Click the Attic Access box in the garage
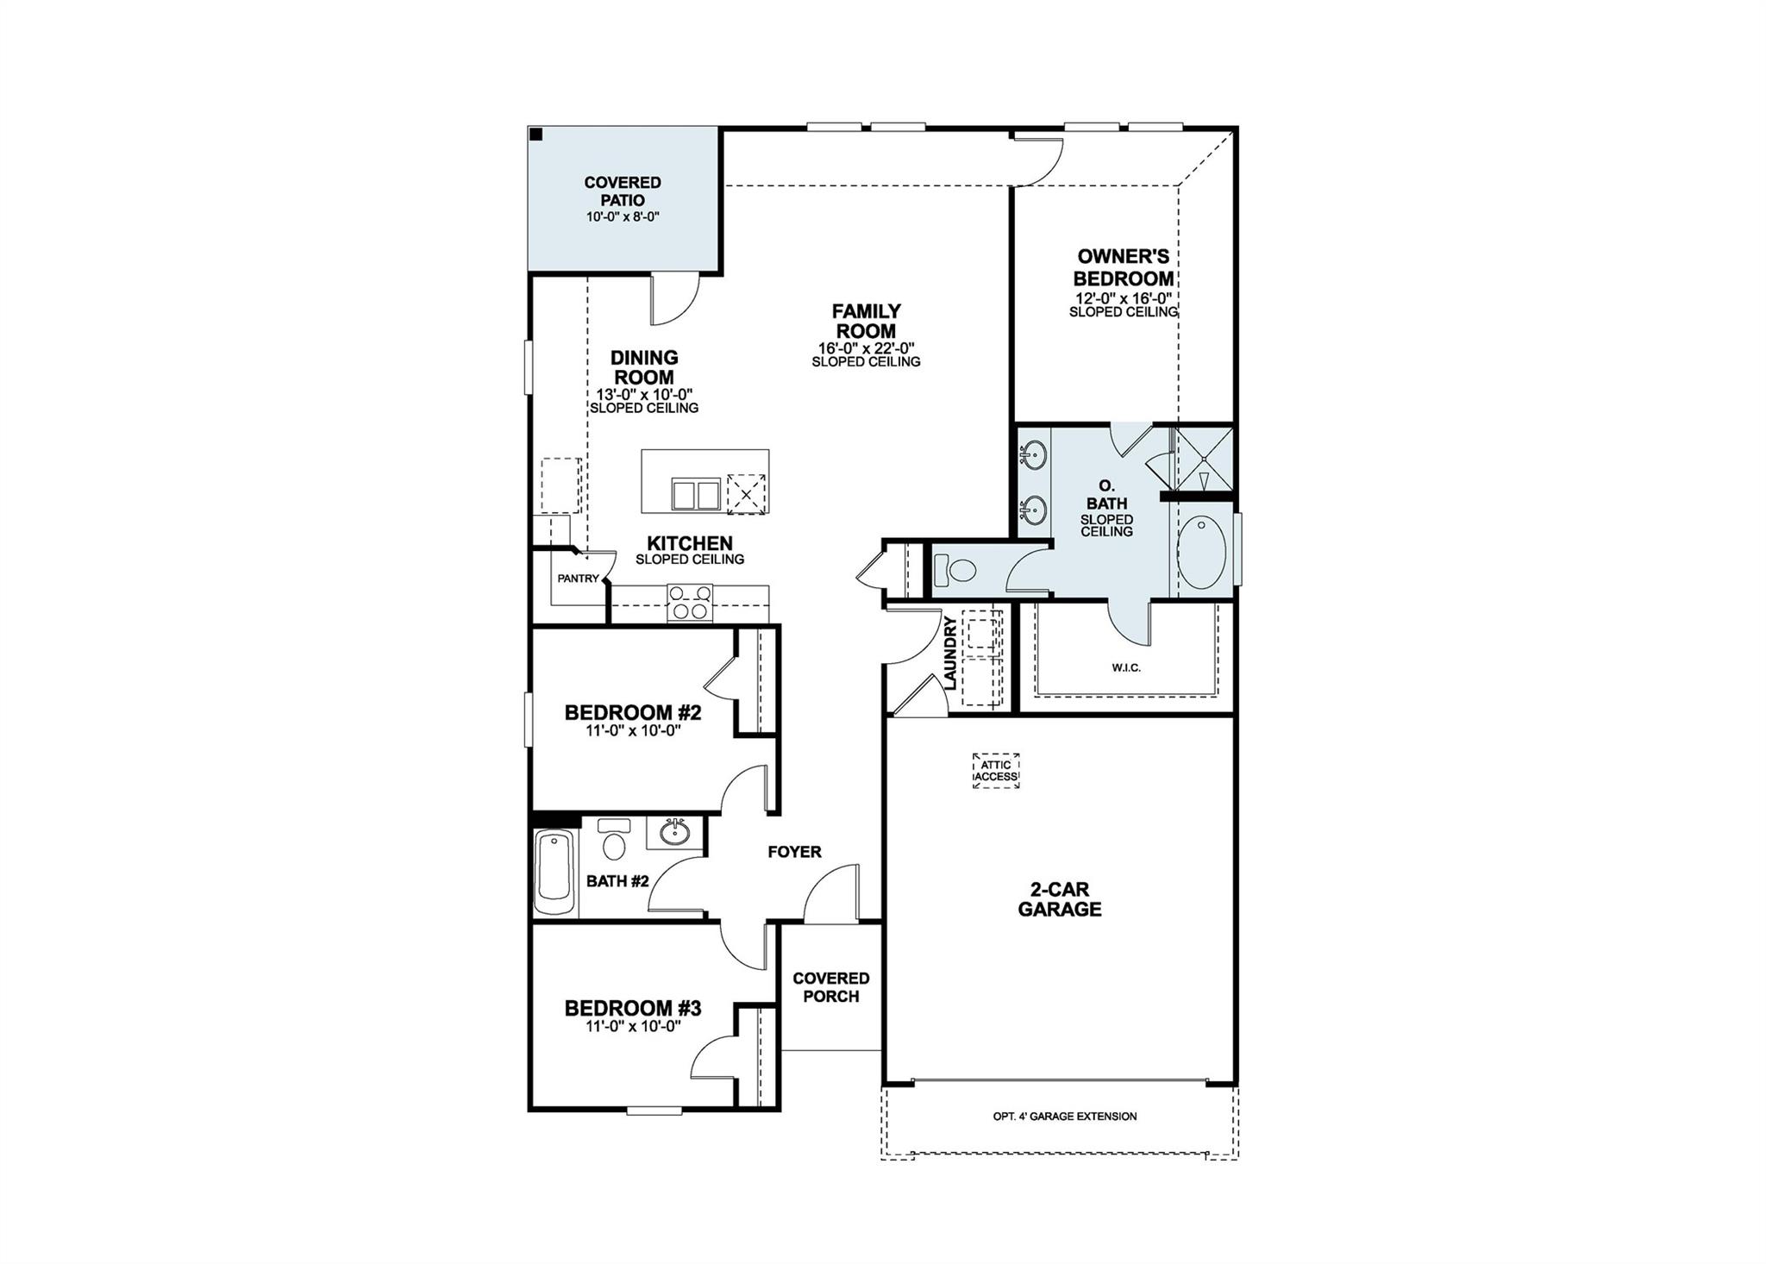click(996, 771)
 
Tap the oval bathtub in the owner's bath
click(1201, 552)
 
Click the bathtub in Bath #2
click(554, 872)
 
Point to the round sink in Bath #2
click(674, 832)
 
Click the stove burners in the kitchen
click(691, 602)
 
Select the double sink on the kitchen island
click(695, 496)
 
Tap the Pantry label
click(578, 579)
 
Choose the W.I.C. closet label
click(1126, 668)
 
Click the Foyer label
click(794, 852)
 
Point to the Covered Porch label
click(830, 987)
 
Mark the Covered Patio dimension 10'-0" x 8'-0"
click(623, 217)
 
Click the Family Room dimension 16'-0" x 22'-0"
click(866, 348)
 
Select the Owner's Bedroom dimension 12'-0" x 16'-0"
click(1123, 298)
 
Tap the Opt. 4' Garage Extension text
click(1064, 1117)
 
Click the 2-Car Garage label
click(1059, 899)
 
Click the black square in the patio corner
click(536, 135)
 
